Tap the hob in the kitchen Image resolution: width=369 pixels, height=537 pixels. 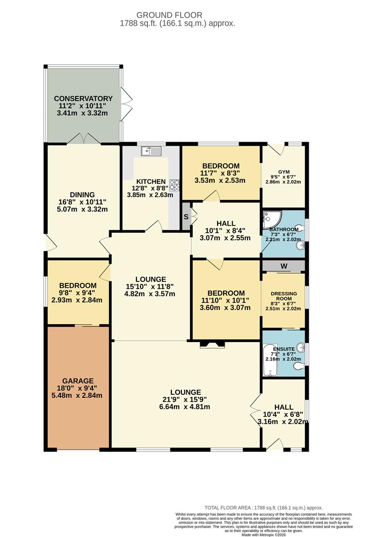[175, 184]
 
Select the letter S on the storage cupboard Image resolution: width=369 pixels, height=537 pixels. [186, 217]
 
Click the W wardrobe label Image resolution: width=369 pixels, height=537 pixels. [283, 266]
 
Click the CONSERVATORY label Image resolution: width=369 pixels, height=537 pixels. [83, 98]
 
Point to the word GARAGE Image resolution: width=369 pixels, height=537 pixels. [77, 381]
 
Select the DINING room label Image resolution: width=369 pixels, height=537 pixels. [83, 194]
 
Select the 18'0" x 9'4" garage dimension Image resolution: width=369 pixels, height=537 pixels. [78, 388]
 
